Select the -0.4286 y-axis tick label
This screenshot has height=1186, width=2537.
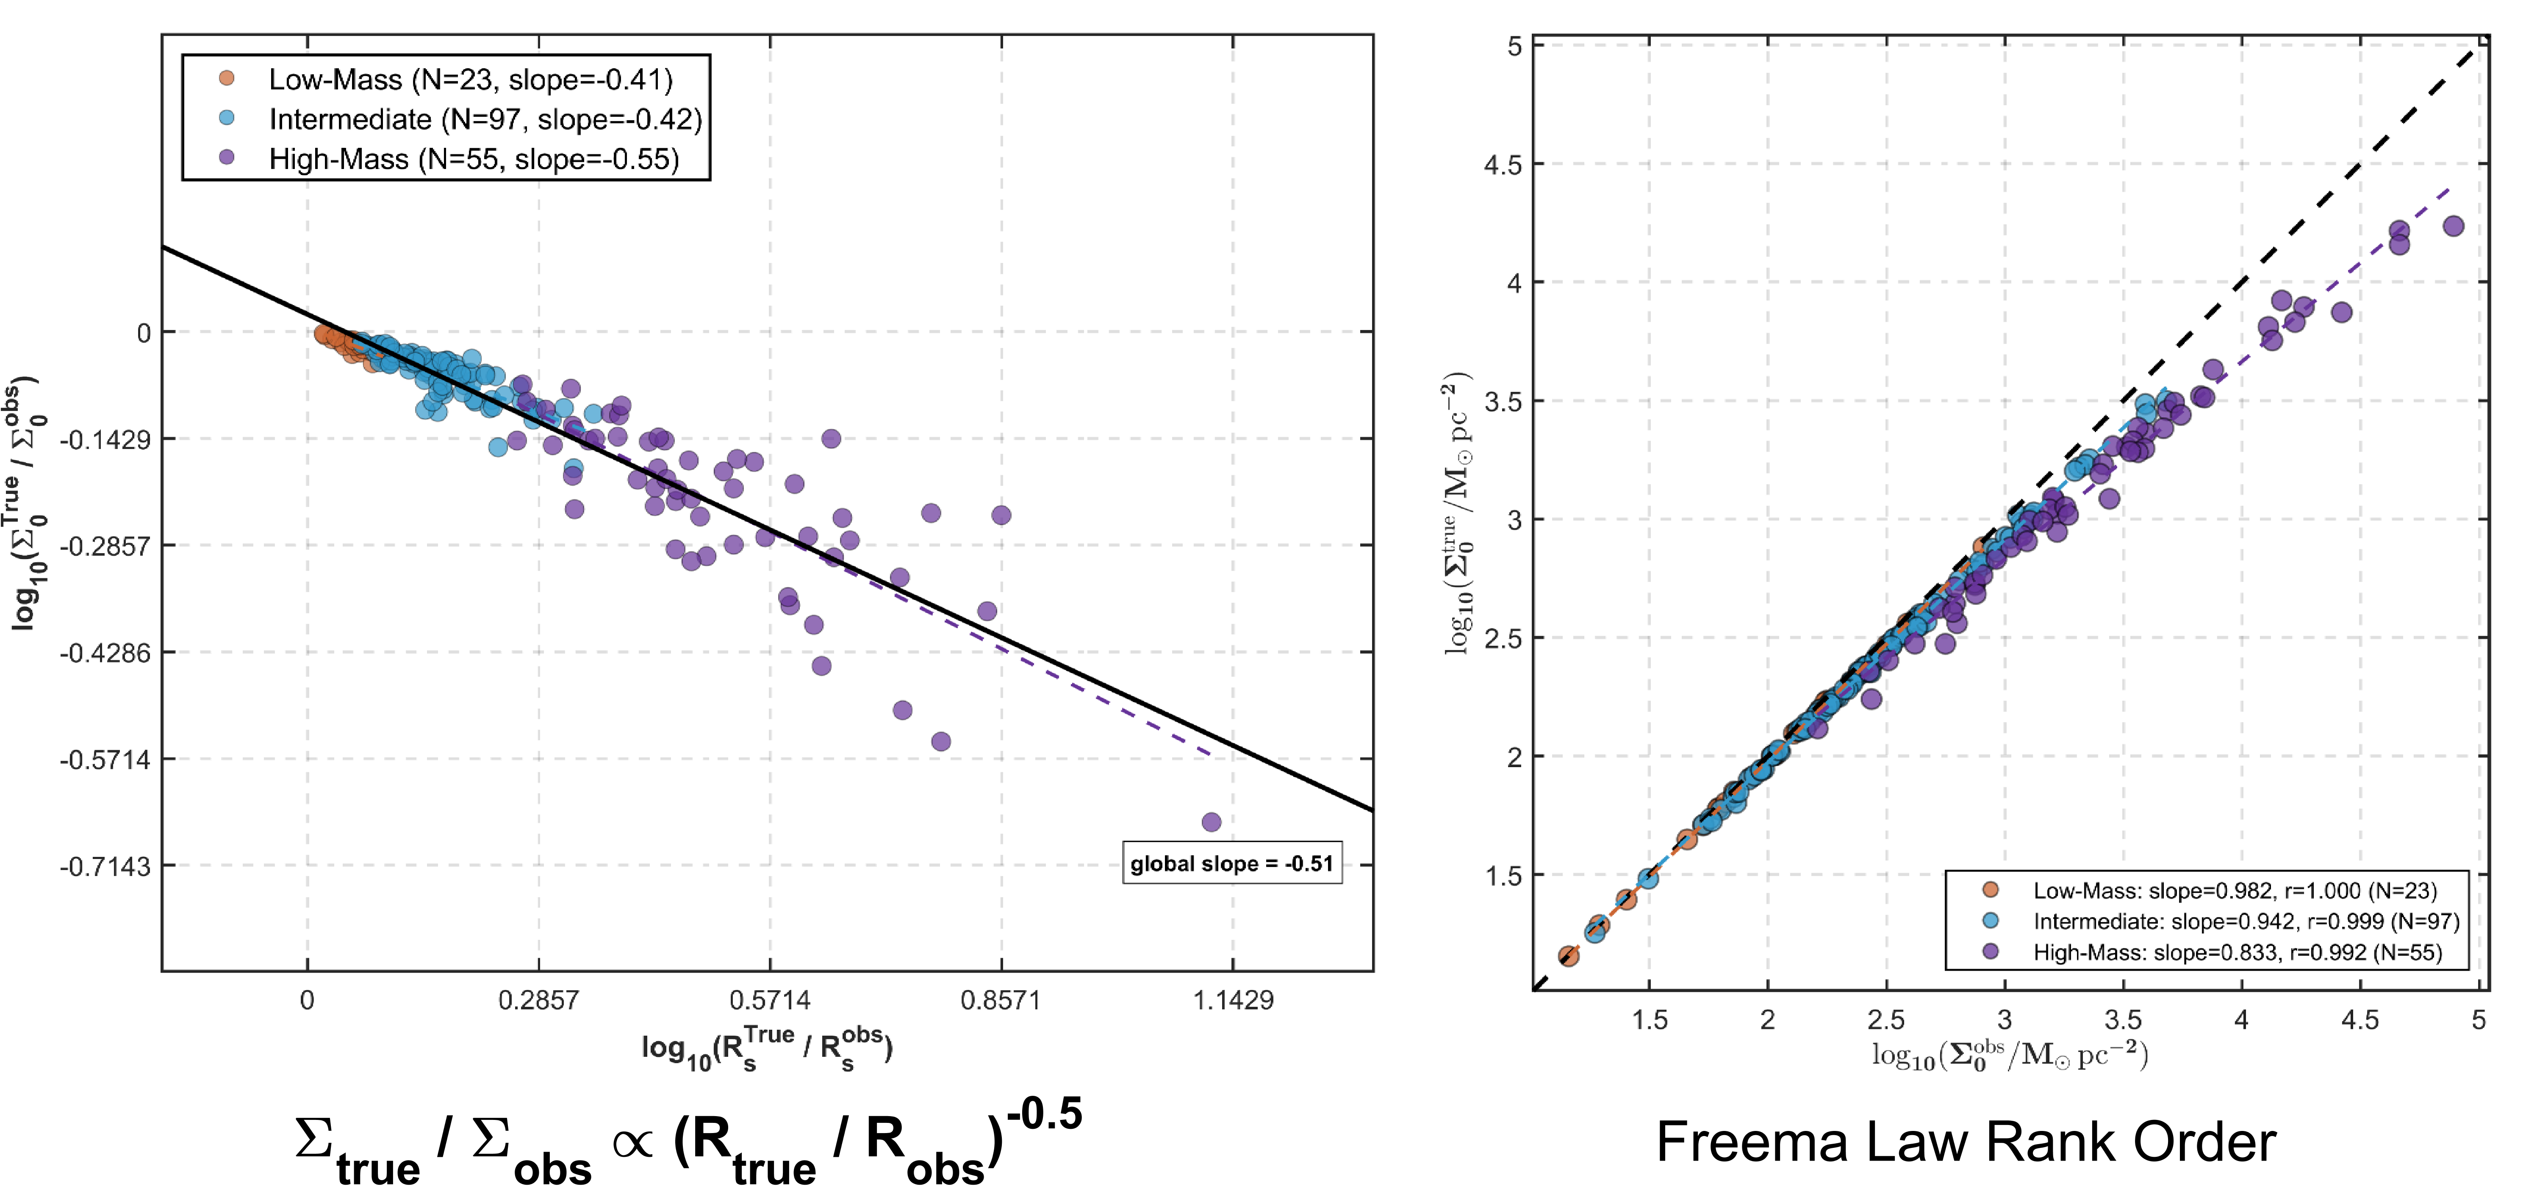coord(105,653)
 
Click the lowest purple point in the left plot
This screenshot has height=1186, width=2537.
coord(1212,822)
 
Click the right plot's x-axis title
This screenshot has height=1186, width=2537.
coord(2009,1055)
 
